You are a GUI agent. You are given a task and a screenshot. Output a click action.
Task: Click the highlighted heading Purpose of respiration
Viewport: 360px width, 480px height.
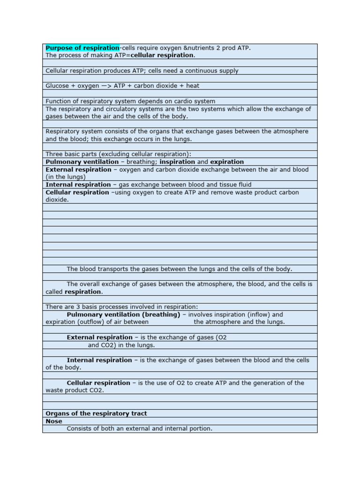tap(82, 48)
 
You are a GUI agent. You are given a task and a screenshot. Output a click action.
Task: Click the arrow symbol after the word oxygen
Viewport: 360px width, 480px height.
tap(107, 86)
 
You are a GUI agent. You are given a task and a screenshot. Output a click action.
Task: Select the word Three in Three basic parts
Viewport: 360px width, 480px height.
tap(54, 154)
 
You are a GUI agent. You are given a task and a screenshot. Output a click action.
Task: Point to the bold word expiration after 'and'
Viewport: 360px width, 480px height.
tap(227, 162)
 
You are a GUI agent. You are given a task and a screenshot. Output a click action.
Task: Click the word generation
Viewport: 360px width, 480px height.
tap(275, 383)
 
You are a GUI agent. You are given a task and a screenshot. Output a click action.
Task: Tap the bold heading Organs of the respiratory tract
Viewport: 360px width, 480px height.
tap(96, 413)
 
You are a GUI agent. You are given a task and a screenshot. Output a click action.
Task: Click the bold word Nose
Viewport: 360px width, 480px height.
tap(53, 421)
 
